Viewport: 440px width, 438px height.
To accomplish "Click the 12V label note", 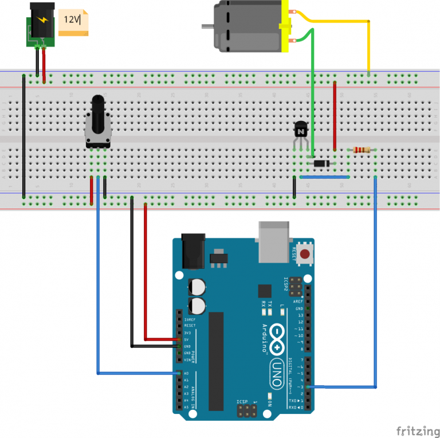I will (73, 22).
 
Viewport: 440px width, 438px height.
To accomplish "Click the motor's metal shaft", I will (207, 26).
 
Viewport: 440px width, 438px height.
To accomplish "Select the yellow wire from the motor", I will (344, 22).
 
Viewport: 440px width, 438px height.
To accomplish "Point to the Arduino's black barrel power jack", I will (192, 251).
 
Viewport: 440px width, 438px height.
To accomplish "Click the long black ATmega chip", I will (216, 361).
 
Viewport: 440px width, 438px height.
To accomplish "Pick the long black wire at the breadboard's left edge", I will (23, 135).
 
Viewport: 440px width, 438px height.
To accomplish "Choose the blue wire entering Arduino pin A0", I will (99, 287).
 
